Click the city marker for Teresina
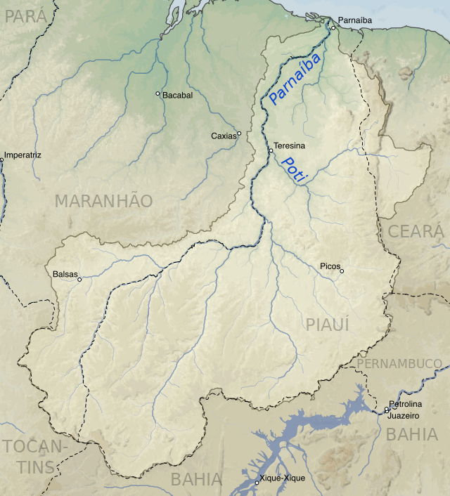271,150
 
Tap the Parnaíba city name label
354,21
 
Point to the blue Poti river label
292,171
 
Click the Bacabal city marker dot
157,93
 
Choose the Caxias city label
224,136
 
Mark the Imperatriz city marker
1,160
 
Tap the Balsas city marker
79,280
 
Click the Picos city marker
342,271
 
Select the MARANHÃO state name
103,201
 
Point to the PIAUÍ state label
328,324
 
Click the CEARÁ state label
416,231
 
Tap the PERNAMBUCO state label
399,363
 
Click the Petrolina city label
406,404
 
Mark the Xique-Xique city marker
257,482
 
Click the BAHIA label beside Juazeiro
412,434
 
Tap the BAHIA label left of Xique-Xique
196,480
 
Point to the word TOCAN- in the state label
35,447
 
